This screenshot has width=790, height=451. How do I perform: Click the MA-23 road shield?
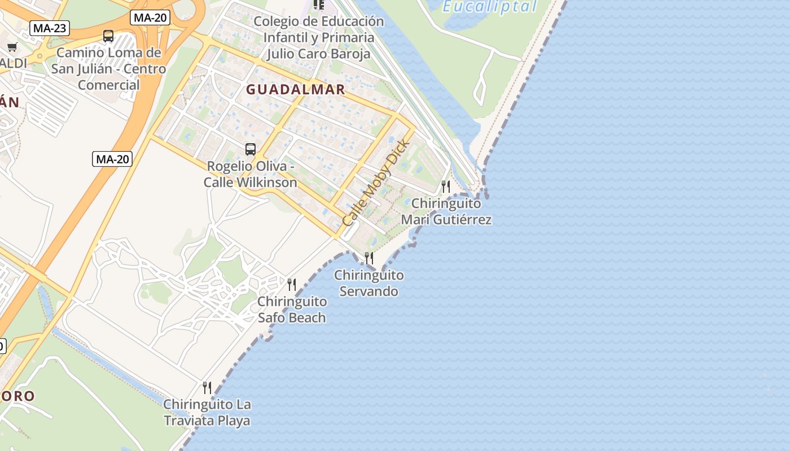tap(50, 28)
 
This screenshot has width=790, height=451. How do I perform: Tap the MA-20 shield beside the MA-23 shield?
tap(151, 17)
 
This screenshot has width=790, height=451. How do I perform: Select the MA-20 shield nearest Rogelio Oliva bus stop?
tap(112, 159)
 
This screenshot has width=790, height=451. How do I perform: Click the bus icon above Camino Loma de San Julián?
tap(108, 36)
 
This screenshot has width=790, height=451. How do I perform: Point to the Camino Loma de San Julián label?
tap(108, 69)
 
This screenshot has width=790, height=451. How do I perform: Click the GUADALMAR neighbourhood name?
tap(295, 90)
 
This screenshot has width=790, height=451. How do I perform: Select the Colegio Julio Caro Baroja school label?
tap(318, 38)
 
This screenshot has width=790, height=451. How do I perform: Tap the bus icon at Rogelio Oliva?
tap(251, 149)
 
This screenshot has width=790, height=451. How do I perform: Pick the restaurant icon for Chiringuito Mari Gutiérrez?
tap(446, 186)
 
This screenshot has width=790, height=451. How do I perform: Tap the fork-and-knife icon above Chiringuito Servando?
tap(369, 258)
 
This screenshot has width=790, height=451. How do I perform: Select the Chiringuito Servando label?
tap(369, 284)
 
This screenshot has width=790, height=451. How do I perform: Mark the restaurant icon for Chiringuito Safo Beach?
tap(292, 284)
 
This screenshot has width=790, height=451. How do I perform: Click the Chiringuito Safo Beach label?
tap(292, 309)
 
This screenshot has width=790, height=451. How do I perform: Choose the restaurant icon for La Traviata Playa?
tap(207, 387)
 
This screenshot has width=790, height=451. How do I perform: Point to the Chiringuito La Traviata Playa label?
tap(207, 413)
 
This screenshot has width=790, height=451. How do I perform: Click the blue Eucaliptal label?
tap(489, 7)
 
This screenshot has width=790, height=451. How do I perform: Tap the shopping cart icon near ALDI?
tap(12, 47)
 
